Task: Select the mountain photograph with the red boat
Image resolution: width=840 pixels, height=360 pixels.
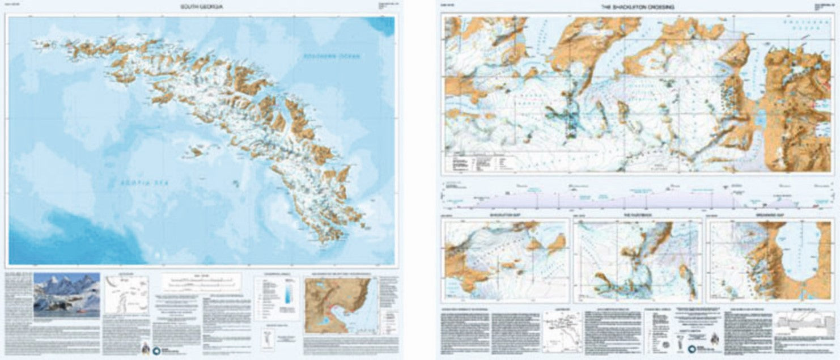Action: [66, 294]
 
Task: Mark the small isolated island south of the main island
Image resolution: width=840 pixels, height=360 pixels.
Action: [235, 182]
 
